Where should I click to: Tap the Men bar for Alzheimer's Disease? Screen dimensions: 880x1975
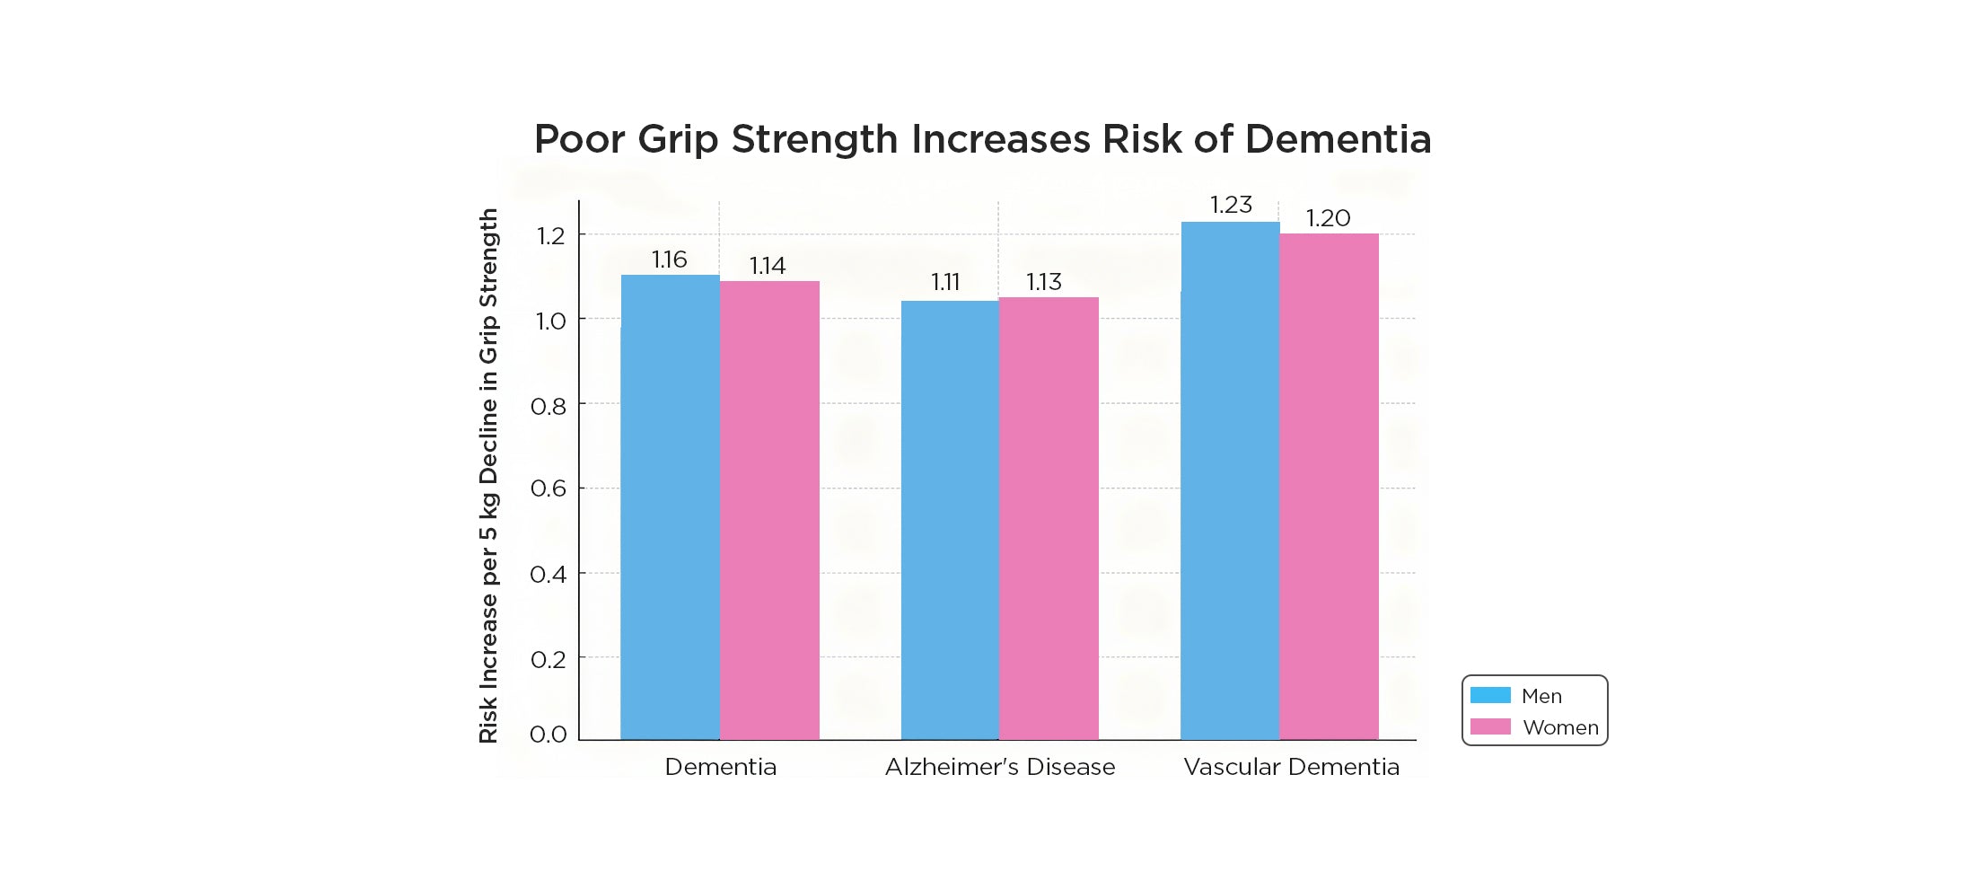tap(950, 520)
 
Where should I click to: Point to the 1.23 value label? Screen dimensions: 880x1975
tap(1231, 205)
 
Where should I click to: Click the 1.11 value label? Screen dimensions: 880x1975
tap(945, 282)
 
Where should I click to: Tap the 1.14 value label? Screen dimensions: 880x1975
tap(768, 266)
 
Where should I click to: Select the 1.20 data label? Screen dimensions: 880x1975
tap(1328, 218)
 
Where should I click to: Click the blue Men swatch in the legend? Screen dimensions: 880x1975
tap(1490, 695)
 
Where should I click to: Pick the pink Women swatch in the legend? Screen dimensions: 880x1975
tap(1490, 726)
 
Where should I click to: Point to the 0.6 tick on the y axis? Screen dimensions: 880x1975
tap(548, 488)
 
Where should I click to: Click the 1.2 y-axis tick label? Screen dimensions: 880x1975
tap(550, 236)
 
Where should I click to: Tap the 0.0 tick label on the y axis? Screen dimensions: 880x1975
tap(548, 735)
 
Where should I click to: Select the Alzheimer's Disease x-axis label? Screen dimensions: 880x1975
tap(999, 767)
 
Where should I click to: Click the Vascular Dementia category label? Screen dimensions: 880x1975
tap(1291, 767)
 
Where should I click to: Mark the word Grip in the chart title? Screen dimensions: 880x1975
tap(677, 140)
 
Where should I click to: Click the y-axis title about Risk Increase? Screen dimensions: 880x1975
tap(488, 476)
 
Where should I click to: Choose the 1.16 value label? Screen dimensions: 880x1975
tap(669, 260)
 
